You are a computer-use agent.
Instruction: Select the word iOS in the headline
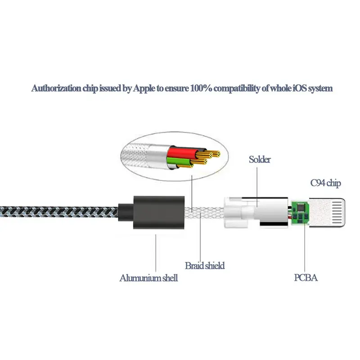[x=299, y=88]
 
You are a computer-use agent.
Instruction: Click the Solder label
[x=260, y=159]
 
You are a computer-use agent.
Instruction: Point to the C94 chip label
[x=325, y=183]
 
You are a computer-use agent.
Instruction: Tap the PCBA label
[x=306, y=278]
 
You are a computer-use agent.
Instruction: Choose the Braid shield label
[x=205, y=265]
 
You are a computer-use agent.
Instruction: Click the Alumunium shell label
[x=148, y=278]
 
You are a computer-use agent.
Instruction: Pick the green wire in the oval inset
[x=179, y=162]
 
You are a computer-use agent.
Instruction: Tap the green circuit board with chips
[x=300, y=213]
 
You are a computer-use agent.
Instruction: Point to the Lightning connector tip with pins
[x=327, y=213]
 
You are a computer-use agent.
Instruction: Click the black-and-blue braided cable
[x=59, y=212]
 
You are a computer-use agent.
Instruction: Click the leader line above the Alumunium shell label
[x=156, y=253]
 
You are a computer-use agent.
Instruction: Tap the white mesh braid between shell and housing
[x=204, y=212]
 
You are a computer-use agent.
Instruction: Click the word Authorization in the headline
[x=56, y=88]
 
